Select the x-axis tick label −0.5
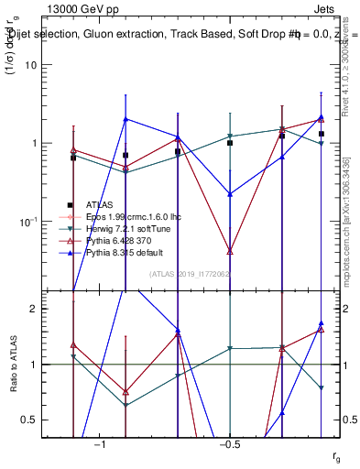[x=229, y=444]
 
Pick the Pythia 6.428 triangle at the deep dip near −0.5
[x=230, y=250]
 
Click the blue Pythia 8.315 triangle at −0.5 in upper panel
[x=230, y=194]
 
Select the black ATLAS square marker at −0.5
[x=230, y=143]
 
